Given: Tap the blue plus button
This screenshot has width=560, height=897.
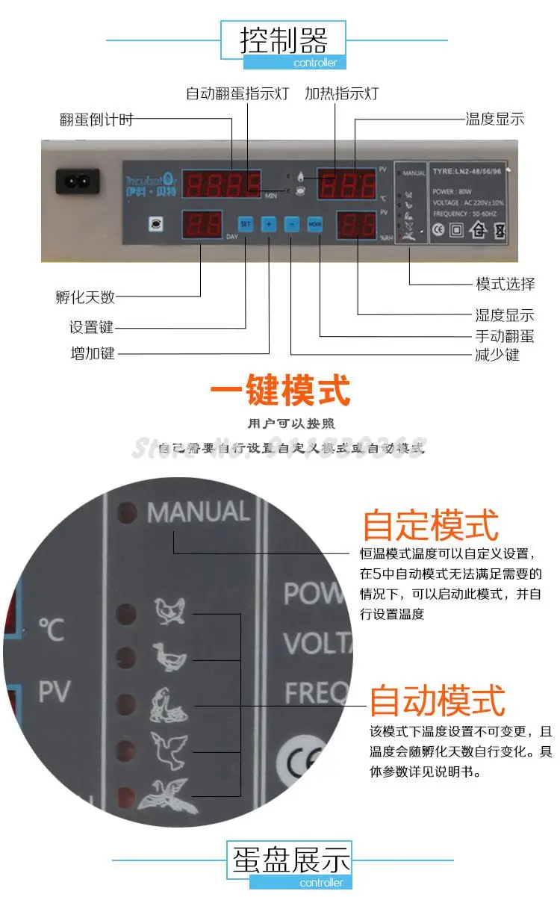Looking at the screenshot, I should [270, 223].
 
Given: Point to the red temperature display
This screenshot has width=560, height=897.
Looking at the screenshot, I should [346, 183].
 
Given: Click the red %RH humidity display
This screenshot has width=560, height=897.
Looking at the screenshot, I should [356, 224].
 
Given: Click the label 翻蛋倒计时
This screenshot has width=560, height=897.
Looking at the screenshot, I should [96, 120].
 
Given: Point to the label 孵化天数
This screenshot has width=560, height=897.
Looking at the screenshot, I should [85, 297].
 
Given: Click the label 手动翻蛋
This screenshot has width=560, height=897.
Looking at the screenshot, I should [505, 336].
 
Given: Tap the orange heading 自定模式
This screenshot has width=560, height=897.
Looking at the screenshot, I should [430, 524].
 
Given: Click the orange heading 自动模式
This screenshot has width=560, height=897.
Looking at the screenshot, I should [438, 701].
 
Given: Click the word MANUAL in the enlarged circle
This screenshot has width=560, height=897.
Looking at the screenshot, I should [198, 512].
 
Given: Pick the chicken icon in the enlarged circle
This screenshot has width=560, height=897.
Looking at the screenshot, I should [170, 610].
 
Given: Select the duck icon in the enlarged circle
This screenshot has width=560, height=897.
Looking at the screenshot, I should [169, 657].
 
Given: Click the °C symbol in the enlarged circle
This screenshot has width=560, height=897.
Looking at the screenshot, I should [52, 630].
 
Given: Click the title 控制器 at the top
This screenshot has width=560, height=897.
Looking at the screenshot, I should [284, 40].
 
